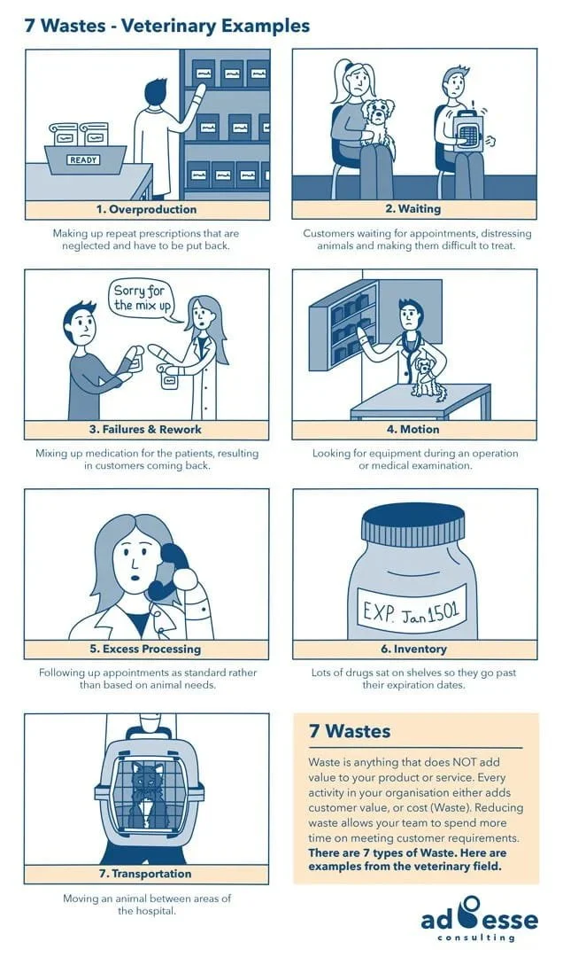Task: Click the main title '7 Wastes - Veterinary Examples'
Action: pos(167,25)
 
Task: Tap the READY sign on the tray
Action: pos(83,160)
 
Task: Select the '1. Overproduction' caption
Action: pos(146,210)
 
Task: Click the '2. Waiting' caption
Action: pos(413,210)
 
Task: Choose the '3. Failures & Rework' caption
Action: pos(146,430)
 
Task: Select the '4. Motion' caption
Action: pos(413,430)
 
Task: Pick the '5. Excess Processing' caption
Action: pos(146,650)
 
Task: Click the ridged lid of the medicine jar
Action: pos(413,529)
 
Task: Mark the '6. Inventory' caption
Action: pos(413,650)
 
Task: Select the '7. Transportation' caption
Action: pos(146,874)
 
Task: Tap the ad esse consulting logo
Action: pos(479,918)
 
